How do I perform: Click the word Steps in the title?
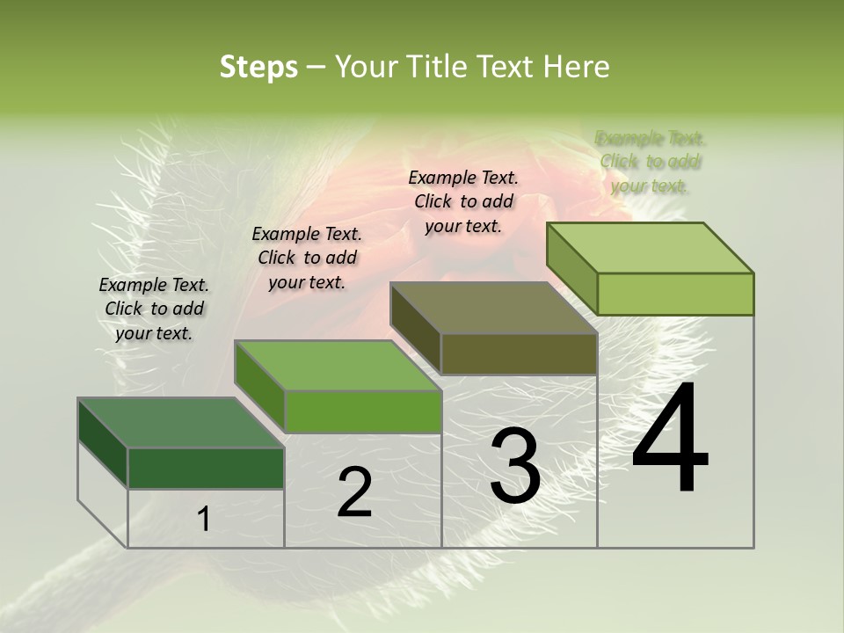pyautogui.click(x=258, y=68)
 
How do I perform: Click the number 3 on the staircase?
pyautogui.click(x=515, y=467)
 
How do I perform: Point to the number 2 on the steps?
pyautogui.click(x=354, y=492)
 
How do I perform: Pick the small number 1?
pyautogui.click(x=204, y=520)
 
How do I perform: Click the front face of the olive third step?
pyautogui.click(x=519, y=354)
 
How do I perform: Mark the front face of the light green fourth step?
pyautogui.click(x=675, y=294)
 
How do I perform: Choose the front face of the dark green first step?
pyautogui.click(x=206, y=468)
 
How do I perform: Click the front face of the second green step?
pyautogui.click(x=362, y=411)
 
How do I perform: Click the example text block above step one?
pyautogui.click(x=154, y=309)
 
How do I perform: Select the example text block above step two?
pyautogui.click(x=307, y=258)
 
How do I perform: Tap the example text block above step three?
pyautogui.click(x=463, y=201)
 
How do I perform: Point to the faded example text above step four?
pyautogui.click(x=650, y=162)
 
